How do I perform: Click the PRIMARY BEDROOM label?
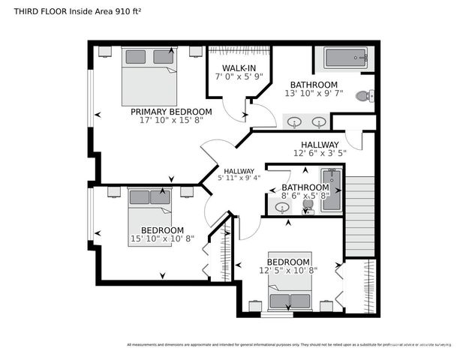(x=171, y=112)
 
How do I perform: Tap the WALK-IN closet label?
(x=232, y=67)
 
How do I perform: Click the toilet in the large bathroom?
(x=364, y=96)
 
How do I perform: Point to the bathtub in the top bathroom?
(x=345, y=58)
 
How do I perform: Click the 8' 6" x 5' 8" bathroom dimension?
(x=305, y=196)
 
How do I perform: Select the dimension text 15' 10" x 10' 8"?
(x=162, y=239)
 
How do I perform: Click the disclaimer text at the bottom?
(x=289, y=345)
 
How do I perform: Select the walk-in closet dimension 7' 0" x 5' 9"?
(x=232, y=76)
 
